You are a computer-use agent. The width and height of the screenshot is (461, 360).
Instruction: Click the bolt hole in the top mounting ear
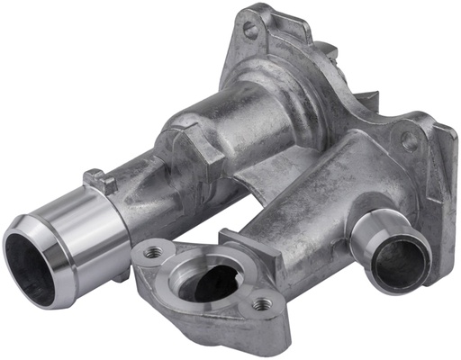(250, 30)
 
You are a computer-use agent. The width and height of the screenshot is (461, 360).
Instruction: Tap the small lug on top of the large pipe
(98, 181)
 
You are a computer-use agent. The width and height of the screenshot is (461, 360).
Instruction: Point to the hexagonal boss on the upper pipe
(194, 144)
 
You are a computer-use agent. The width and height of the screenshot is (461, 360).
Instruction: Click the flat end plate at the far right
(441, 171)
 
